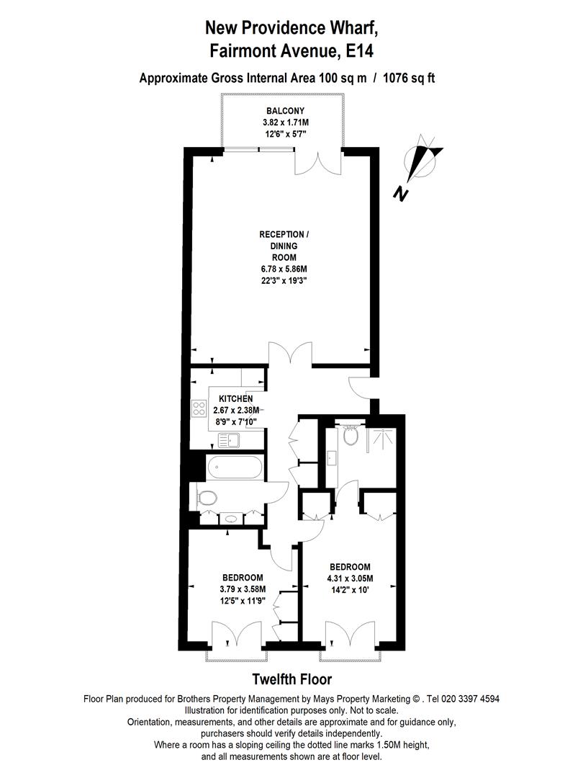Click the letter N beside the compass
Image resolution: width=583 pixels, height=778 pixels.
pyautogui.click(x=401, y=192)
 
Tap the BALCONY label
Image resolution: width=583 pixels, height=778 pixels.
pyautogui.click(x=285, y=111)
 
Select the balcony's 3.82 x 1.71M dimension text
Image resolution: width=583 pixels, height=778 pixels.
pyautogui.click(x=285, y=122)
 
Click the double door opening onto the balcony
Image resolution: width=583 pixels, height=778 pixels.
pyautogui.click(x=317, y=162)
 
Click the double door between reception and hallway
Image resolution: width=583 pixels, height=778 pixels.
pyautogui.click(x=290, y=354)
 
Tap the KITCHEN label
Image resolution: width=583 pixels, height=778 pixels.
pyautogui.click(x=236, y=398)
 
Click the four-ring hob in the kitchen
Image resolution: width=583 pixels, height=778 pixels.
pyautogui.click(x=199, y=410)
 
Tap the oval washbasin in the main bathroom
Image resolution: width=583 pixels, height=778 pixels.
pyautogui.click(x=230, y=517)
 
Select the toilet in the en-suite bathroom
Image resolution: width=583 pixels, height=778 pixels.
pyautogui.click(x=351, y=436)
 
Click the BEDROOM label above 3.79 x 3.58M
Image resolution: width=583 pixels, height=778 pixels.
pyautogui.click(x=243, y=578)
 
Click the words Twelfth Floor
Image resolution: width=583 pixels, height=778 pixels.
pyautogui.click(x=291, y=679)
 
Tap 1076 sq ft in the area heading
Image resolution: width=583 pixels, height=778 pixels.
pyautogui.click(x=410, y=78)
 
